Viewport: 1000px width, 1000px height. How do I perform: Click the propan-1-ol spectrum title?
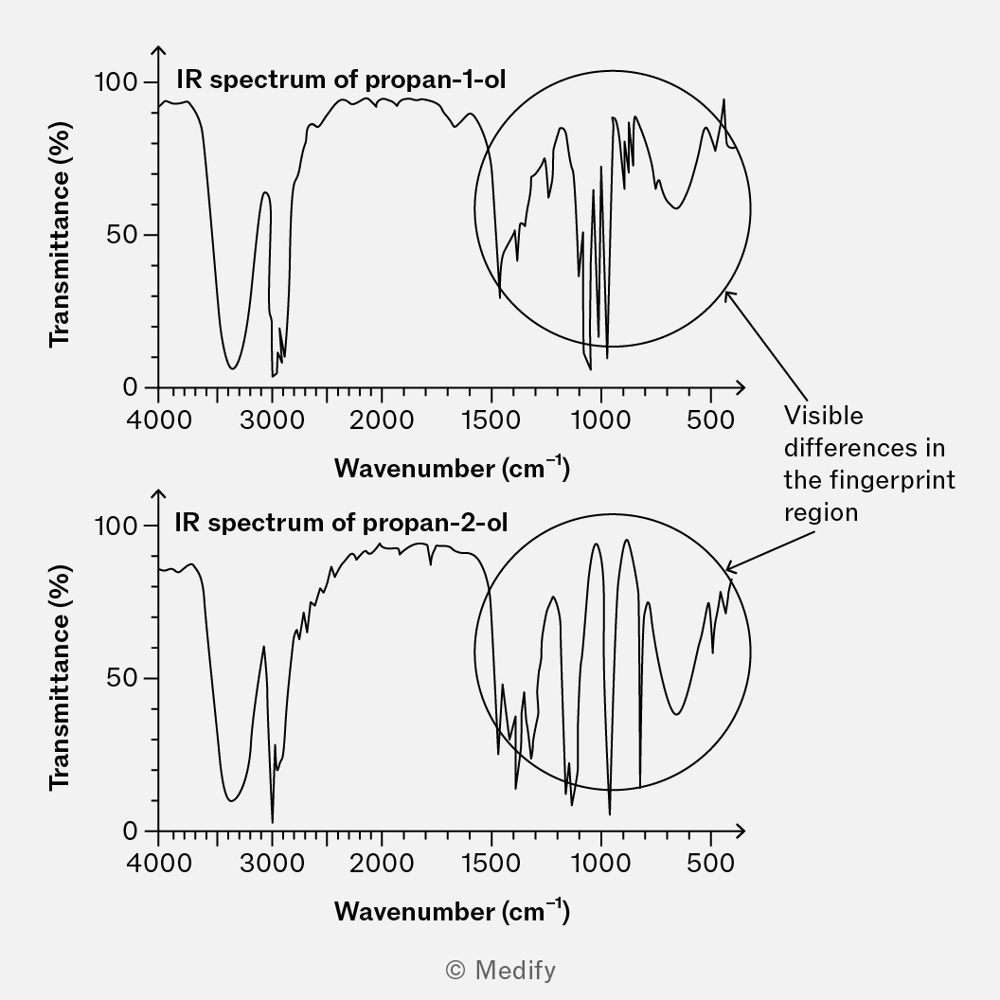[x=341, y=80]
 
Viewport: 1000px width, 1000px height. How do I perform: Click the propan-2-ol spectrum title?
[x=341, y=523]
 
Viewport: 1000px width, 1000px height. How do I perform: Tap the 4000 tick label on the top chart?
[x=158, y=420]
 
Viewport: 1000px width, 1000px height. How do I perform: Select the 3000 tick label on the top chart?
[x=273, y=420]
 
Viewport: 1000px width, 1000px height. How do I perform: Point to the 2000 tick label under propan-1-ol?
[x=382, y=420]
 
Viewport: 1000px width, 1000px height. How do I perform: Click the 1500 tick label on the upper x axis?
[x=491, y=420]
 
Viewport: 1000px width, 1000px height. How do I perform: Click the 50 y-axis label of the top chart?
[x=122, y=236]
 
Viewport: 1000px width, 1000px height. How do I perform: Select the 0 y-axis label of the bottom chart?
[x=130, y=831]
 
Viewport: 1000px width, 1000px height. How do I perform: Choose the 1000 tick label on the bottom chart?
[x=600, y=863]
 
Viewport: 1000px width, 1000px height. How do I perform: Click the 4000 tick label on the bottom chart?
[x=158, y=863]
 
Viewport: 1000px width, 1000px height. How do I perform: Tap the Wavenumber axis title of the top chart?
[x=452, y=468]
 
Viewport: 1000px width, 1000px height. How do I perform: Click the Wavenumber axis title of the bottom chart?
[x=452, y=911]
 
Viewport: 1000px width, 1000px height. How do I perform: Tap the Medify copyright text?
[x=500, y=970]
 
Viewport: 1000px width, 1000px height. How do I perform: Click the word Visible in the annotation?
[x=823, y=416]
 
